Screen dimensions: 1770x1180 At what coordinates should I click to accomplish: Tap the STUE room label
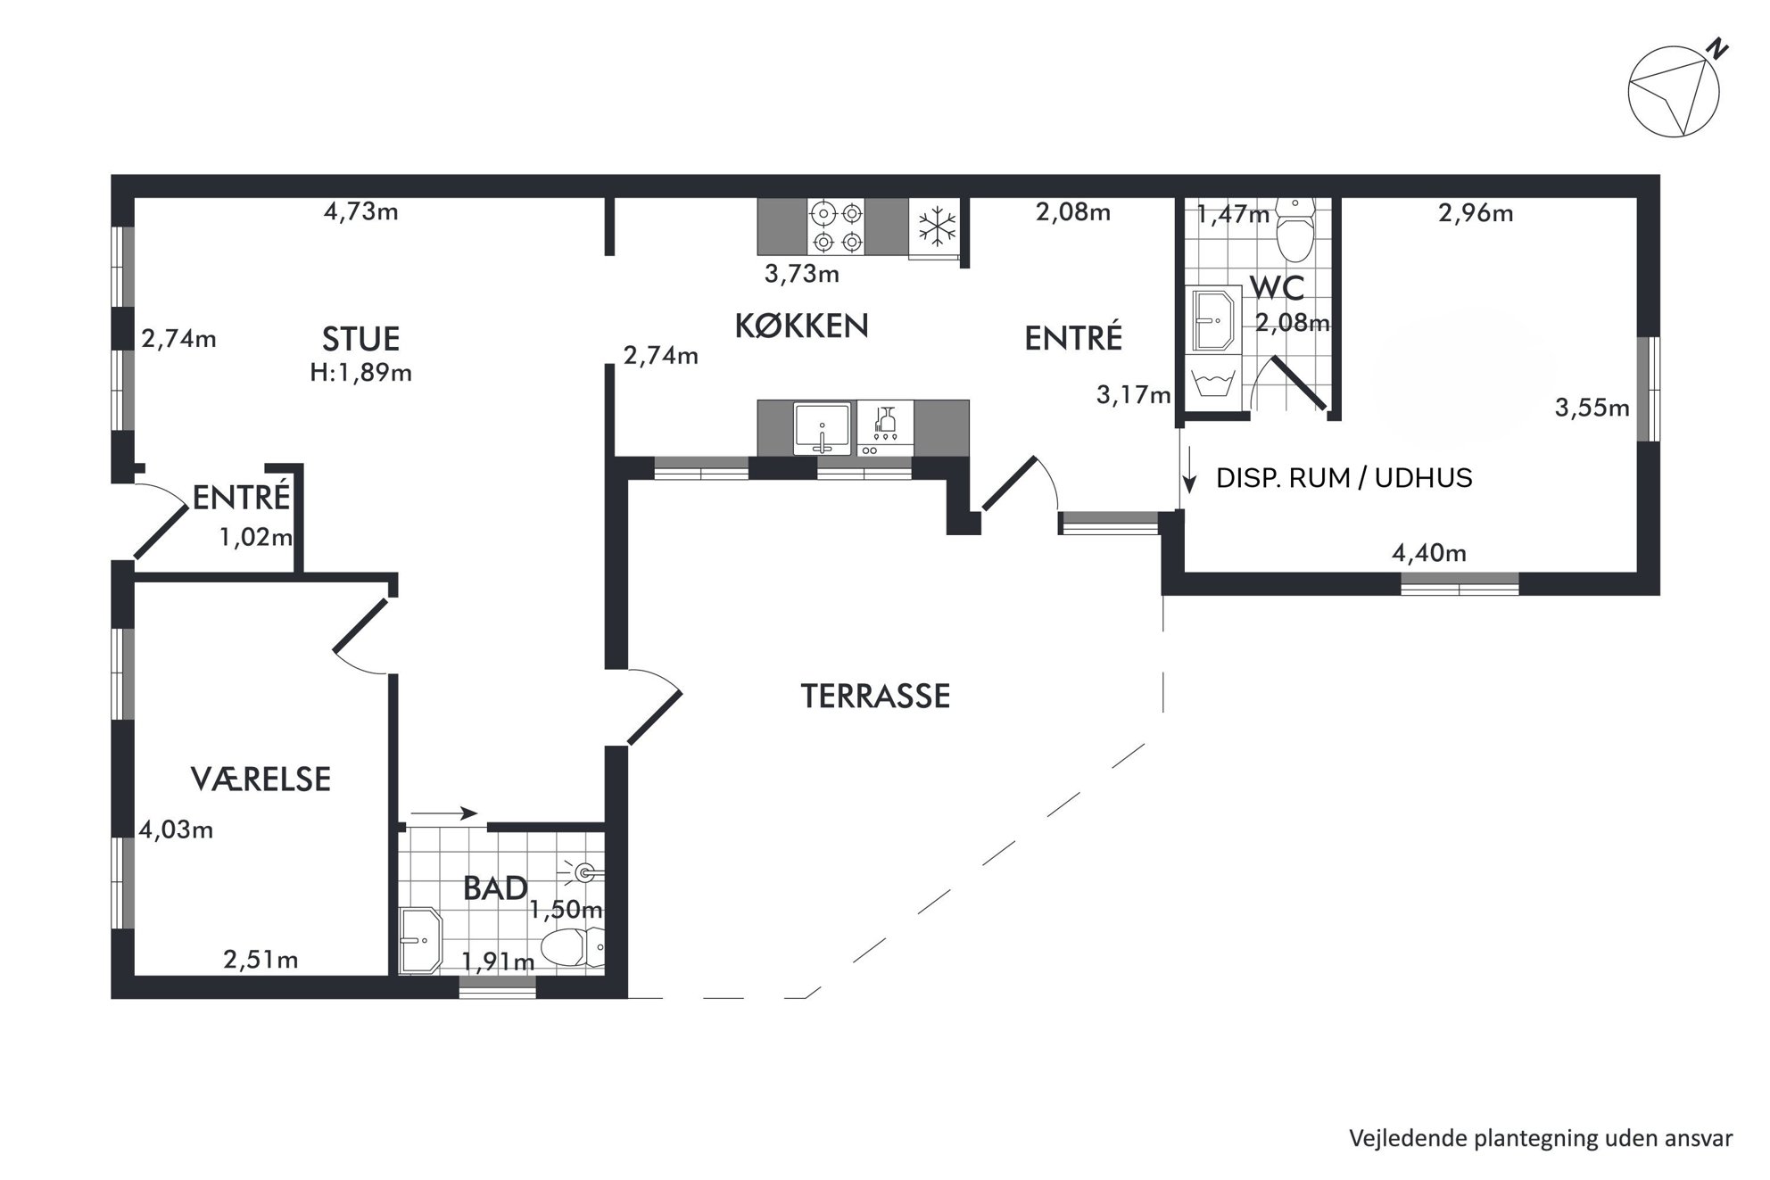[x=360, y=339]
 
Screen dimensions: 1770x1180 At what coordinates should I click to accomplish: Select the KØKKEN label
[x=801, y=326]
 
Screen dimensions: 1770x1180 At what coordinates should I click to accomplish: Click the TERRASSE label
[x=875, y=696]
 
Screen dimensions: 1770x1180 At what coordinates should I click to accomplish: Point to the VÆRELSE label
[x=261, y=780]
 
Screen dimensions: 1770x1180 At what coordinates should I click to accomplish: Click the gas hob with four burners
[x=837, y=227]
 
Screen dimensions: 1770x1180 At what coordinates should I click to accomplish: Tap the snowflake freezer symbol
[x=937, y=227]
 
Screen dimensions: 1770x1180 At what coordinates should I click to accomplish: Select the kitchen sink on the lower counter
[x=822, y=428]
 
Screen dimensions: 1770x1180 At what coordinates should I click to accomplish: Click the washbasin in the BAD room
[x=421, y=940]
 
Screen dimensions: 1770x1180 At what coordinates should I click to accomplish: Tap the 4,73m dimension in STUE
[x=360, y=212]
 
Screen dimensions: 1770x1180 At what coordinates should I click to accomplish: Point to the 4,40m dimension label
[x=1429, y=553]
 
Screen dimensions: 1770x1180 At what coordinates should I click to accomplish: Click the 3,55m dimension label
[x=1592, y=408]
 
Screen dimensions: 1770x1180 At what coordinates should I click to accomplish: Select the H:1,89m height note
[x=360, y=373]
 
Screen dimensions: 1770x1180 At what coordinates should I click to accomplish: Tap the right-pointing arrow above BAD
[x=444, y=813]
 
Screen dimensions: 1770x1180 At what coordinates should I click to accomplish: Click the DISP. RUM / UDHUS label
[x=1344, y=478]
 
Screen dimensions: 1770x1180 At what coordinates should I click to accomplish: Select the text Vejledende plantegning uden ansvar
[x=1541, y=1139]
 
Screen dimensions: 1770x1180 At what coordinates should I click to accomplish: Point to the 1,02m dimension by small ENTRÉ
[x=256, y=537]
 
